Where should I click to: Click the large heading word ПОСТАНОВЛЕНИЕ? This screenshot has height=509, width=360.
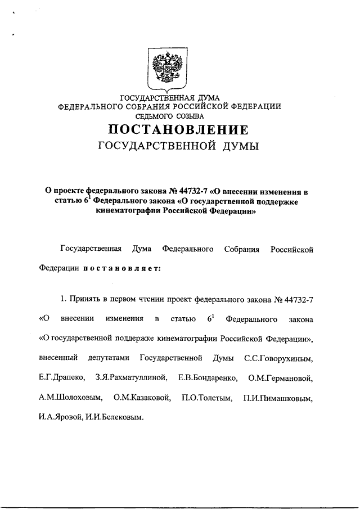pos(179,130)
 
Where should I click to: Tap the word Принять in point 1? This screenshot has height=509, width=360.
pos(87,299)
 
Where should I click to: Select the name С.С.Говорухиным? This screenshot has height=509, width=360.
pos(279,358)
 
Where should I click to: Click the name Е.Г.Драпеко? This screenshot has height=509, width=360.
pos(61,378)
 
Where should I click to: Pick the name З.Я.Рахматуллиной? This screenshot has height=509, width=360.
pos(128,378)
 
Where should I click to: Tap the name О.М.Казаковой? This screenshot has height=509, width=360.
pos(141,398)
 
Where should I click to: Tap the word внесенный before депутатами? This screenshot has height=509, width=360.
pos(59,358)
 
